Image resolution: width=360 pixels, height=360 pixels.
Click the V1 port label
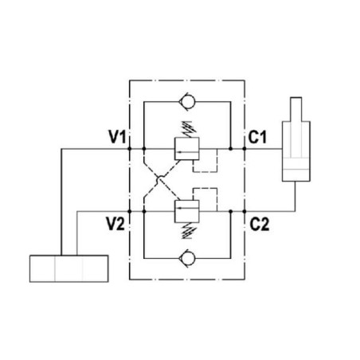pos(117,137)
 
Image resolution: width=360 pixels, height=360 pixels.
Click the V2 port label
pos(115,224)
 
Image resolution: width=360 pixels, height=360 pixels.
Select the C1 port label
pos(257,137)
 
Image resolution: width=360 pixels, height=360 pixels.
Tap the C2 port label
pos(260,225)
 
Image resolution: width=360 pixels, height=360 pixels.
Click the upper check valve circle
pos(187,102)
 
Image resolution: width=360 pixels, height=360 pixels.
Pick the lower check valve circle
pos(187,258)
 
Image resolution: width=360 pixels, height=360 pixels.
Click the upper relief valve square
pos(187,149)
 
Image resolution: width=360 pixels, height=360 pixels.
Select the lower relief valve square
pos(187,211)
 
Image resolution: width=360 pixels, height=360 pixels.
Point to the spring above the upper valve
pos(188,129)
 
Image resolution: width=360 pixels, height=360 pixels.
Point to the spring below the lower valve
pos(188,231)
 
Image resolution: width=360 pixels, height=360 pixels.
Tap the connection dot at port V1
pos(130,149)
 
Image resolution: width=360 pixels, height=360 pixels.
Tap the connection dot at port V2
pos(130,212)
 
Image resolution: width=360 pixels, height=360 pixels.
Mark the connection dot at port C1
pos(245,149)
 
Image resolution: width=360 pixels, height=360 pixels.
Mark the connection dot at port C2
pos(245,212)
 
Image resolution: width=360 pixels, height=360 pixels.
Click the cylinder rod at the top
pos(296,109)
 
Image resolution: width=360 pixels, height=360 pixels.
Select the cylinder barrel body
pos(296,151)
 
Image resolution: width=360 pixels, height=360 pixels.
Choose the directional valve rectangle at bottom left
pos(68,268)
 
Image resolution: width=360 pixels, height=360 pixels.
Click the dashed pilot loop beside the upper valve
pos(217,161)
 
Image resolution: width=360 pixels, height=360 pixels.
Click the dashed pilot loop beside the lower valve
pos(217,200)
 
